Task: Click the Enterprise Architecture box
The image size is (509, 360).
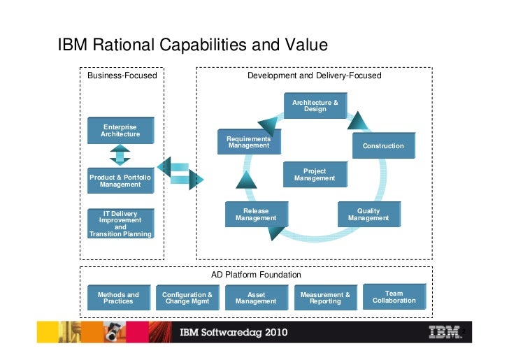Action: coord(120,130)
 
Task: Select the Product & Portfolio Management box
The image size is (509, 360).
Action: coord(120,181)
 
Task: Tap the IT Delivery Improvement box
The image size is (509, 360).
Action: coord(120,224)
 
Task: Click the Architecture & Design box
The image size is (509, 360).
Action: coord(315,106)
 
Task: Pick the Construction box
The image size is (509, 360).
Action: coord(382,145)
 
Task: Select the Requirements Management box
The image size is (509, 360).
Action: coord(249,143)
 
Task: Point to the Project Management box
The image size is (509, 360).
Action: coord(314,175)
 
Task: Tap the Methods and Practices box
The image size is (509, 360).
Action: coord(118,298)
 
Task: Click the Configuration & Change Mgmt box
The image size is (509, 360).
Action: coord(187,298)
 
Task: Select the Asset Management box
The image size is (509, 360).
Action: coord(256,298)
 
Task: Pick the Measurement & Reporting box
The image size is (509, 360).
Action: coord(325,298)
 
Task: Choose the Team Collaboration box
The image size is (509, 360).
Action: coord(394,296)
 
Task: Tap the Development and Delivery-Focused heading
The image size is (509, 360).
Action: coord(314,75)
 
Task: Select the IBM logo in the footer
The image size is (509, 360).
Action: coord(444,331)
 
